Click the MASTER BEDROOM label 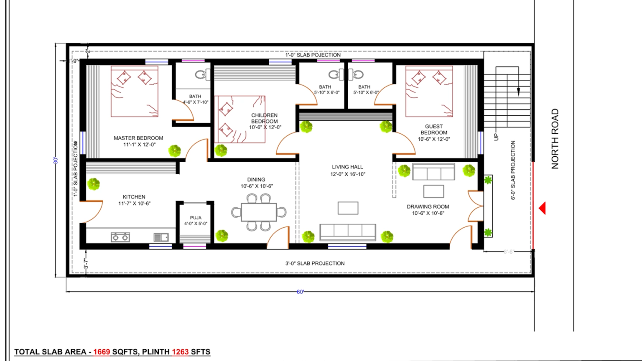[138, 138]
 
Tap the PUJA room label [196, 218]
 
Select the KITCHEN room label [134, 197]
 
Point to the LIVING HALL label [347, 167]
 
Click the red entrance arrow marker [542, 208]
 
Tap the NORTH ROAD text [555, 139]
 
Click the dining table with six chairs [259, 212]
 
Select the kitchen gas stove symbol [120, 237]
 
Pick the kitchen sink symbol [161, 237]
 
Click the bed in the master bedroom [135, 92]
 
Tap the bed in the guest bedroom [429, 91]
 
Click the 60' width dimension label [300, 292]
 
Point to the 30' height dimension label [56, 160]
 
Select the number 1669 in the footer [102, 352]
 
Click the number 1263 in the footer [180, 352]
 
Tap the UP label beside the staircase [496, 137]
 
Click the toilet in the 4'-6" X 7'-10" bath [201, 75]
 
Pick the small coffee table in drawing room [433, 191]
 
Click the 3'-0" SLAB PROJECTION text [315, 263]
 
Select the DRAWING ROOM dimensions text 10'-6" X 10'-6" [428, 213]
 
